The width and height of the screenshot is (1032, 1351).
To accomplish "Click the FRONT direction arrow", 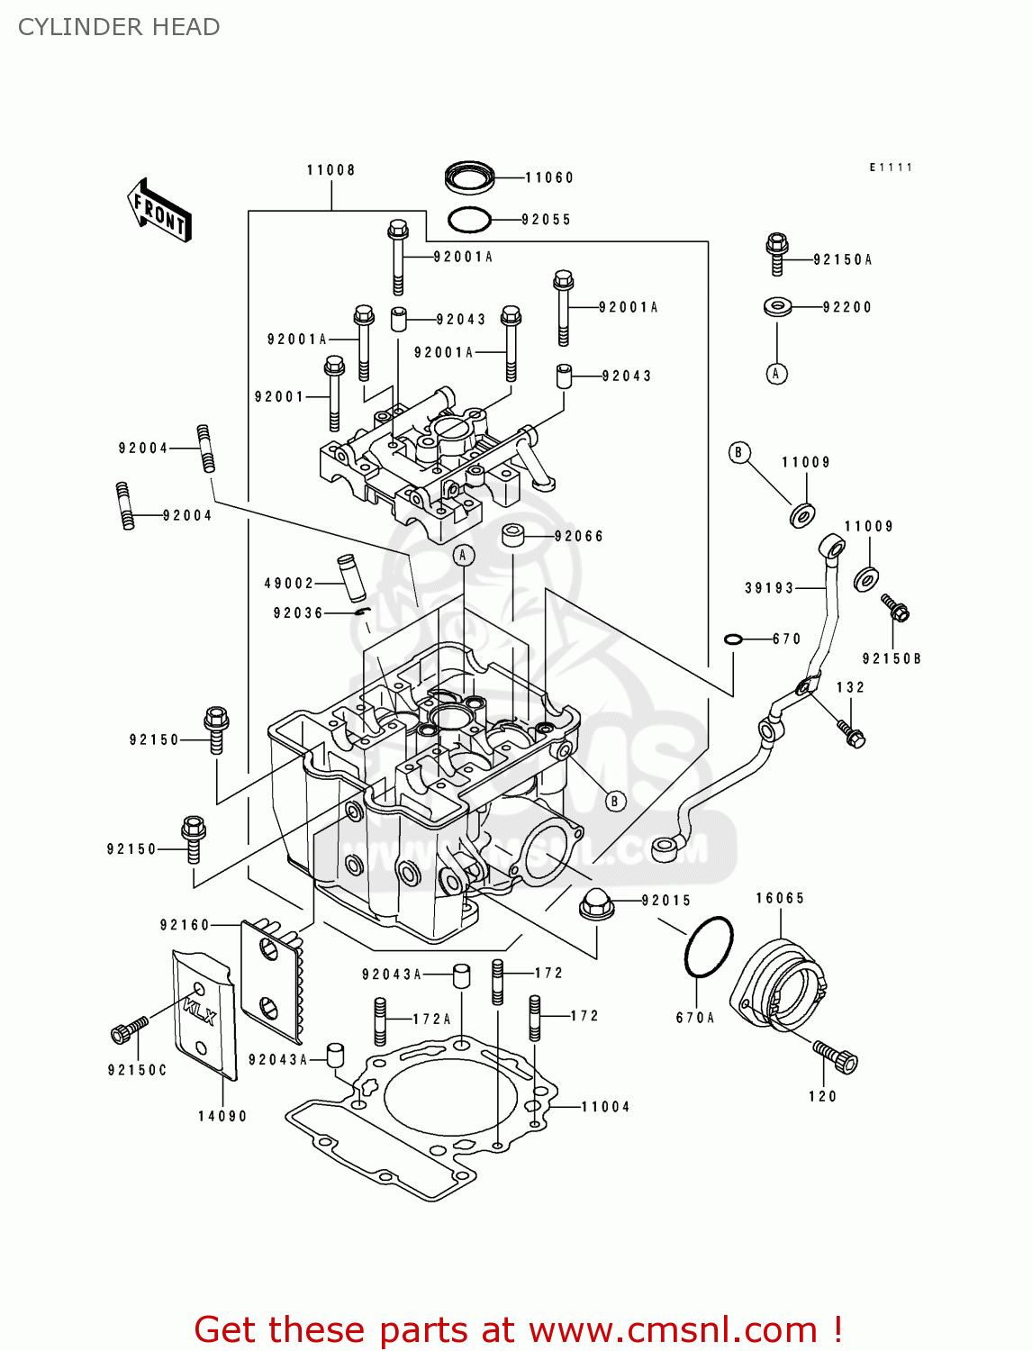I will pyautogui.click(x=159, y=211).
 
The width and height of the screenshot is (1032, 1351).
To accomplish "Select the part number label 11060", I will pyautogui.click(x=549, y=177).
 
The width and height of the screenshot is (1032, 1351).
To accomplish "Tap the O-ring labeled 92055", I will pyautogui.click(x=469, y=219).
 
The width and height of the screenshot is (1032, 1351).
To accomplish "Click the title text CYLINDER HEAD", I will pyautogui.click(x=119, y=27).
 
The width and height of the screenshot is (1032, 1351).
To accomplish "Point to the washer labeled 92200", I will pyautogui.click(x=777, y=307).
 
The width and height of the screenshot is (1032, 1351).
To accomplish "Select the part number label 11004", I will pyautogui.click(x=605, y=1107).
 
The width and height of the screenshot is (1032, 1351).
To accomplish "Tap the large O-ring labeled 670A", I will pyautogui.click(x=709, y=947).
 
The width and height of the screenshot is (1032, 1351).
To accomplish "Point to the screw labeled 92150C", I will pyautogui.click(x=129, y=1029).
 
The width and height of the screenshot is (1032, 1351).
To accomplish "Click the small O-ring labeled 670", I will pyautogui.click(x=733, y=639).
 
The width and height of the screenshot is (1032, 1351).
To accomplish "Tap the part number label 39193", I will pyautogui.click(x=769, y=588).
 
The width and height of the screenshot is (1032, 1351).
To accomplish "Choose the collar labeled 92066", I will pyautogui.click(x=514, y=535).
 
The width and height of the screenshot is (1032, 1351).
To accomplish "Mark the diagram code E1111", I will pyautogui.click(x=891, y=168).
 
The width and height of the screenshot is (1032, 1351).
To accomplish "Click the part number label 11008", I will pyautogui.click(x=330, y=170).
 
